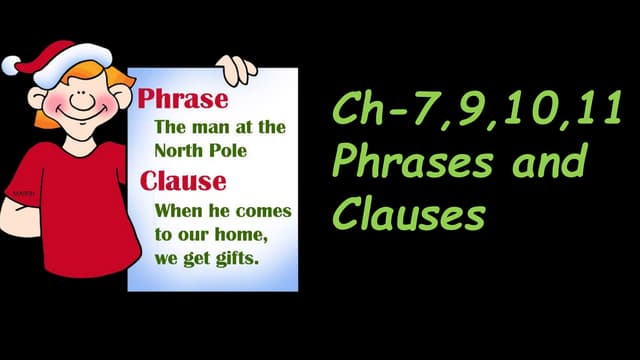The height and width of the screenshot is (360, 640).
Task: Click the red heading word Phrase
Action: [x=183, y=101]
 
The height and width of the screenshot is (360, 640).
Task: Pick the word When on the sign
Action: [x=177, y=212]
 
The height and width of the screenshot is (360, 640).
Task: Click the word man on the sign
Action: [x=207, y=128]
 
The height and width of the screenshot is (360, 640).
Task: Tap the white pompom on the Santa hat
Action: [x=13, y=65]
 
